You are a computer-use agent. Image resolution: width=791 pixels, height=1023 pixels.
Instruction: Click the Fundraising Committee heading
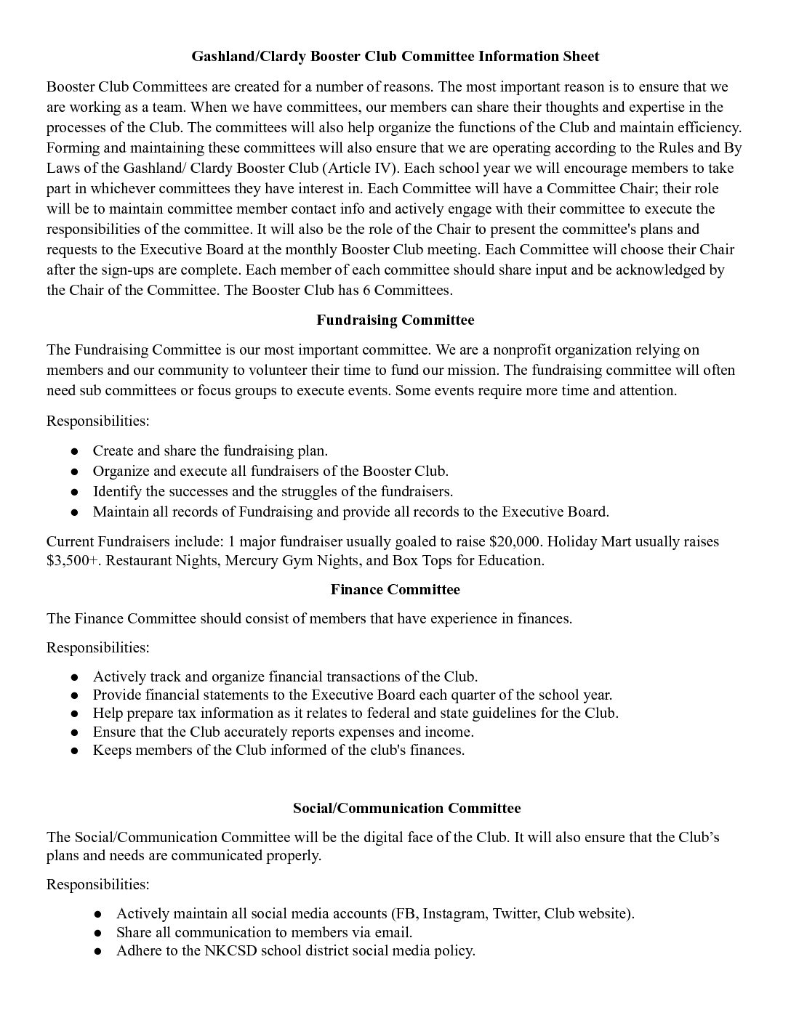click(395, 320)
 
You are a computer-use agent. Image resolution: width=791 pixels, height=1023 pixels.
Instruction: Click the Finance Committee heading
click(395, 589)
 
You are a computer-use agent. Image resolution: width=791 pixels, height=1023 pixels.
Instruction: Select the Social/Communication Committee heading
click(406, 808)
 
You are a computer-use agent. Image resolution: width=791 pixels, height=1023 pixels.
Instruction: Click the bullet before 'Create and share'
click(74, 451)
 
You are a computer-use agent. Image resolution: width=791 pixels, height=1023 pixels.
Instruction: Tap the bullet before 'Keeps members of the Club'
click(74, 751)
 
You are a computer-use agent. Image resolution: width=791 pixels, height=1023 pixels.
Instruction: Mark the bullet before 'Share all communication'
click(97, 933)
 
